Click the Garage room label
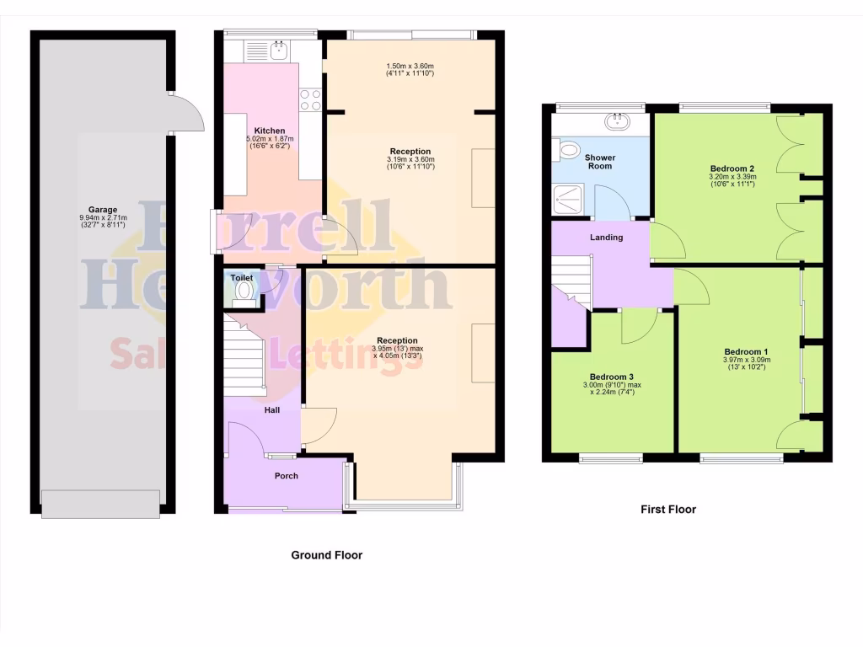pos(103,210)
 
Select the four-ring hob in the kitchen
pos(310,99)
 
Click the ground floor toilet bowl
pos(245,291)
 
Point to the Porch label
pos(286,476)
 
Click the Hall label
pos(272,410)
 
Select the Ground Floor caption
pos(326,555)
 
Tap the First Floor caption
pos(667,509)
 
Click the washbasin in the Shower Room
pos(622,122)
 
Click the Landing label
pos(606,238)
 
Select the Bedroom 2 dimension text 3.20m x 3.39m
pos(732,178)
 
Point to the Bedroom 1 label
pos(746,351)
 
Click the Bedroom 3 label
pos(611,377)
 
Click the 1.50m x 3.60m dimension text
pos(410,67)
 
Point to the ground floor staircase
pos(245,354)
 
